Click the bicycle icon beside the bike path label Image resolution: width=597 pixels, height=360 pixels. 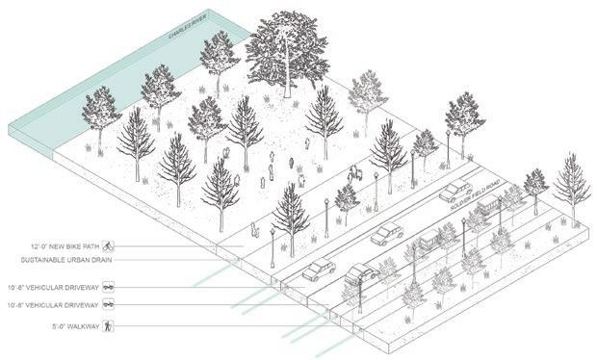[x=108, y=246]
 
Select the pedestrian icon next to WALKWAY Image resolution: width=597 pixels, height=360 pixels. [x=108, y=326]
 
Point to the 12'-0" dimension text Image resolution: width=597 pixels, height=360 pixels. [x=39, y=246]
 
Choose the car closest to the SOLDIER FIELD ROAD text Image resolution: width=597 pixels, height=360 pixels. [x=454, y=191]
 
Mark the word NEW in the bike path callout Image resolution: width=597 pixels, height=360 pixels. [x=57, y=246]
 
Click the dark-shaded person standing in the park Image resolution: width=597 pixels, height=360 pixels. [x=291, y=163]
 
